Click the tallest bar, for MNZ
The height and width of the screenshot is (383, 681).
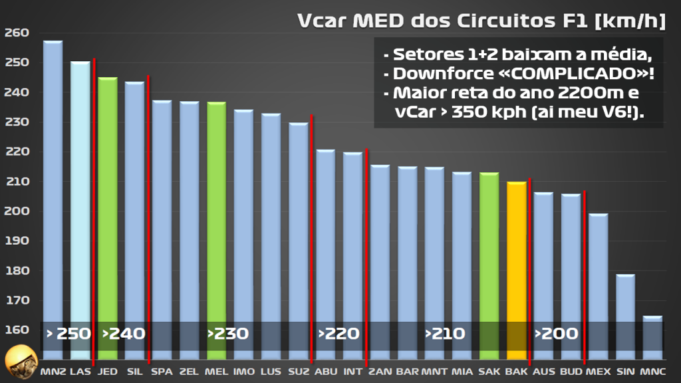(x=53, y=199)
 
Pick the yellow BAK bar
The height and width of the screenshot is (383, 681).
(x=517, y=266)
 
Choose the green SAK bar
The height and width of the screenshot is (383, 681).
(x=489, y=259)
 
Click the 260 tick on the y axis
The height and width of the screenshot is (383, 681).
(x=17, y=33)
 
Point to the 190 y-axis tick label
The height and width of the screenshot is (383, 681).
(x=17, y=241)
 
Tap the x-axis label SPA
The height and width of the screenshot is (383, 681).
(x=162, y=370)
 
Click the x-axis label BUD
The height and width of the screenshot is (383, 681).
(x=571, y=370)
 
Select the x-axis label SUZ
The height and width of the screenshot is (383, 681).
(x=299, y=370)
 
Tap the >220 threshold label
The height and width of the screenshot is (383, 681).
(x=339, y=333)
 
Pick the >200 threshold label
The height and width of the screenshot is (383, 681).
(x=557, y=333)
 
